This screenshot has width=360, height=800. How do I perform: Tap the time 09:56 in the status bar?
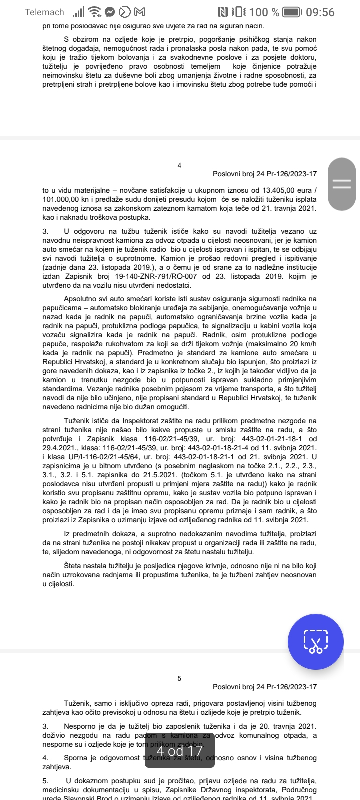pyautogui.click(x=320, y=12)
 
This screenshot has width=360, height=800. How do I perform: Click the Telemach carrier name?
pyautogui.click(x=45, y=12)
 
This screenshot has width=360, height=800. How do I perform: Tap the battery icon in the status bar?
pyautogui.click(x=298, y=12)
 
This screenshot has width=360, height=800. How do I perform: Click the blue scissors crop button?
pyautogui.click(x=315, y=641)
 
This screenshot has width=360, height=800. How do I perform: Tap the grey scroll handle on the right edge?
pyautogui.click(x=342, y=183)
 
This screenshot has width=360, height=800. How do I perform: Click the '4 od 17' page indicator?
pyautogui.click(x=179, y=750)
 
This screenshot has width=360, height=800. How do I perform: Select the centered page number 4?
pyautogui.click(x=179, y=165)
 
